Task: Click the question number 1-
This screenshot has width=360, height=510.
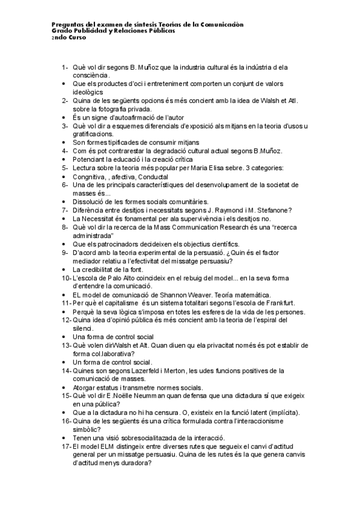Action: tap(64, 67)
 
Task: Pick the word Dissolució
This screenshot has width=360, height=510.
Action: tap(90, 201)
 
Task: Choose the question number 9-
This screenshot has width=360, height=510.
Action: tap(64, 253)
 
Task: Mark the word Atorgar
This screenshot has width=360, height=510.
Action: tap(85, 388)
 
